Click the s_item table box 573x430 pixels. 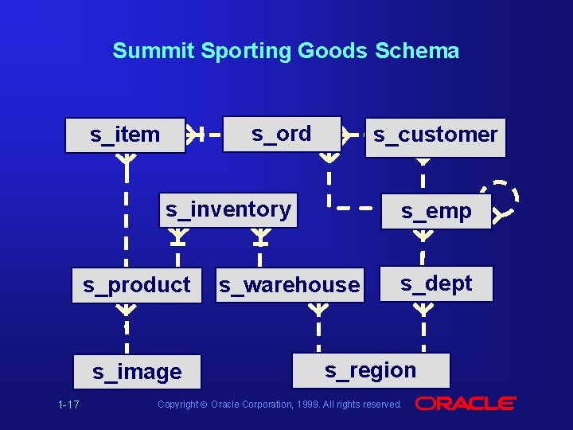(125, 135)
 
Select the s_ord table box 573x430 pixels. (281, 134)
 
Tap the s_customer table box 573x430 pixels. (435, 135)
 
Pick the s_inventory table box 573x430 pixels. (228, 210)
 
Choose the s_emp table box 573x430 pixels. (436, 212)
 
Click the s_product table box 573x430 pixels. (137, 285)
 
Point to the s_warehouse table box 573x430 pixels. (290, 285)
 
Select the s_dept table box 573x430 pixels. (436, 283)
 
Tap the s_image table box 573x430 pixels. (137, 372)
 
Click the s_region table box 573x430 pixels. (371, 370)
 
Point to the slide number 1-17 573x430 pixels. (68, 405)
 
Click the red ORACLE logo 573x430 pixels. (466, 404)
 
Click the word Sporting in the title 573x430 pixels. (247, 51)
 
